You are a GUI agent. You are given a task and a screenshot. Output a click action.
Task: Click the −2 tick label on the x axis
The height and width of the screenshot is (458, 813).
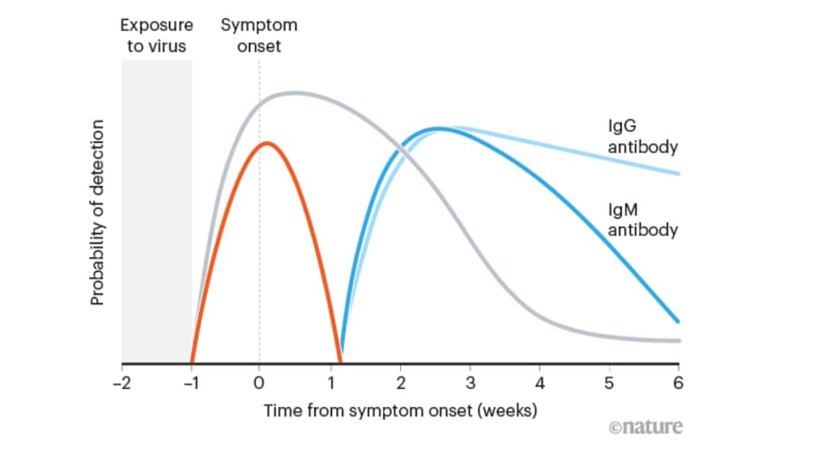click(121, 382)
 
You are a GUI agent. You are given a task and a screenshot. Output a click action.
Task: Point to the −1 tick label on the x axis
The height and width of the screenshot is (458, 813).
click(191, 382)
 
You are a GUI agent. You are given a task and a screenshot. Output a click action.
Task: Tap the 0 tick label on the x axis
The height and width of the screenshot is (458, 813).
click(259, 382)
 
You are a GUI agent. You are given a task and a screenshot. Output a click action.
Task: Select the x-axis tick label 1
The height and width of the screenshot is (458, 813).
click(329, 382)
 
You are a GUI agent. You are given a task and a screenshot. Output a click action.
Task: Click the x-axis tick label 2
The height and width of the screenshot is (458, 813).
click(399, 382)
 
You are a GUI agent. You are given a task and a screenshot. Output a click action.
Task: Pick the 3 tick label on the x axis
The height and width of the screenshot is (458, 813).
click(469, 382)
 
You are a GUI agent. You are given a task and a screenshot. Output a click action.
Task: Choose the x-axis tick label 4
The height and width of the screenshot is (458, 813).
click(539, 382)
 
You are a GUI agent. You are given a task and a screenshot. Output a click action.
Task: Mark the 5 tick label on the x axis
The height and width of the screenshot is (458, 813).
click(609, 382)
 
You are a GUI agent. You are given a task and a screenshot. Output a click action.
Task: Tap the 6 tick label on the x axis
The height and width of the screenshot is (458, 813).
click(679, 382)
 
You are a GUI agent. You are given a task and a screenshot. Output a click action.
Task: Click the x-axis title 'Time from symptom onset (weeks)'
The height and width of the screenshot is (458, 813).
click(400, 411)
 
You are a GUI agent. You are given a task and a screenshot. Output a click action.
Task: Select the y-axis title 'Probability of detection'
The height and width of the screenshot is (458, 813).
click(97, 212)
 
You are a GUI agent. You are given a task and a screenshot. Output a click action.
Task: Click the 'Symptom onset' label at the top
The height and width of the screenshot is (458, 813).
click(259, 35)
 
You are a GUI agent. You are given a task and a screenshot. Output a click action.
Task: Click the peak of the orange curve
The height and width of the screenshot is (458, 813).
click(268, 143)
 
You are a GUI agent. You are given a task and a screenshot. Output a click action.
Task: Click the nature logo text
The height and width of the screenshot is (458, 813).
click(645, 427)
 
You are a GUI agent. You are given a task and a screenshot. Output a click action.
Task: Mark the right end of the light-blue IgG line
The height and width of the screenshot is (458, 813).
click(679, 173)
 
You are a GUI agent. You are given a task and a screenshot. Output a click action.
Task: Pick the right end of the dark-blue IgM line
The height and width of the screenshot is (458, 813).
click(679, 322)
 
